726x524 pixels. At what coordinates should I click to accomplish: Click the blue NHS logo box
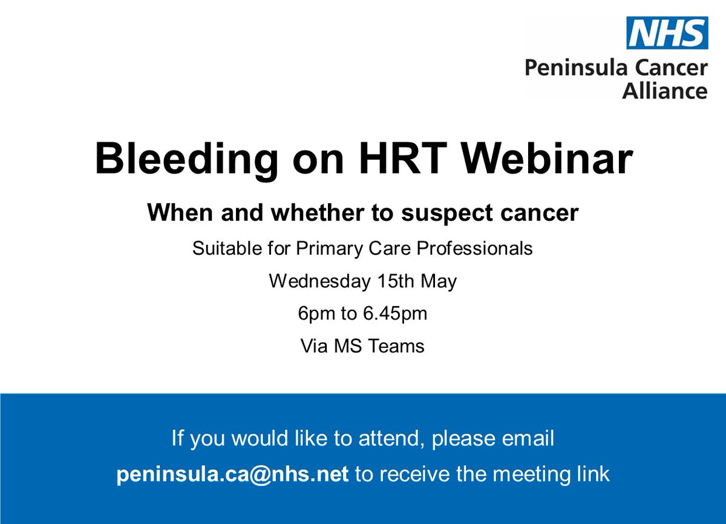[667, 33]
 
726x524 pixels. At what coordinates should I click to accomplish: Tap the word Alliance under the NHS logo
[665, 91]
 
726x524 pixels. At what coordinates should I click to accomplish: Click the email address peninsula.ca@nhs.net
[232, 474]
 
